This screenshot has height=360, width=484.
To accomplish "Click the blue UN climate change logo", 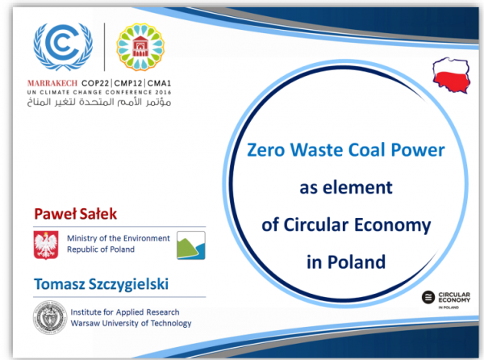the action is click(63, 47).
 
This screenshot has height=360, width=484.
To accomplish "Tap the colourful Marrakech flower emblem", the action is click(140, 47).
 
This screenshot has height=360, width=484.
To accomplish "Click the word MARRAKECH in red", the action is click(52, 83).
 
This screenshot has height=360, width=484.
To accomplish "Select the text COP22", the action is click(95, 83).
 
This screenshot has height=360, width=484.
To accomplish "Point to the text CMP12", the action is click(128, 83).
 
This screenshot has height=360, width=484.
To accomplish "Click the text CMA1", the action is click(159, 83).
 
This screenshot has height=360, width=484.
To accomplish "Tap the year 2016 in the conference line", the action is click(163, 92).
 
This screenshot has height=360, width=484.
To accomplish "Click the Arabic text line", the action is click(99, 102).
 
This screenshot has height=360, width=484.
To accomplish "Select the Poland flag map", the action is click(451, 75).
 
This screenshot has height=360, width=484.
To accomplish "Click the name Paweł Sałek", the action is click(76, 214).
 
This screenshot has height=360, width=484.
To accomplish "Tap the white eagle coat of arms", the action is click(46, 245).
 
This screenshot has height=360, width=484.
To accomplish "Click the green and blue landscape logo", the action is click(191, 245).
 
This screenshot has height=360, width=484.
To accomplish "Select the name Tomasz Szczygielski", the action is click(102, 284).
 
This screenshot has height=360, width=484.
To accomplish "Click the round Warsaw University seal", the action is click(50, 318).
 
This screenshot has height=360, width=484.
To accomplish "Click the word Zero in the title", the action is click(265, 150).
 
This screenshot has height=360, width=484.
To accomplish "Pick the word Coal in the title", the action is click(367, 150).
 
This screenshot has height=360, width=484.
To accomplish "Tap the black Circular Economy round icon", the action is click(428, 297).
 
